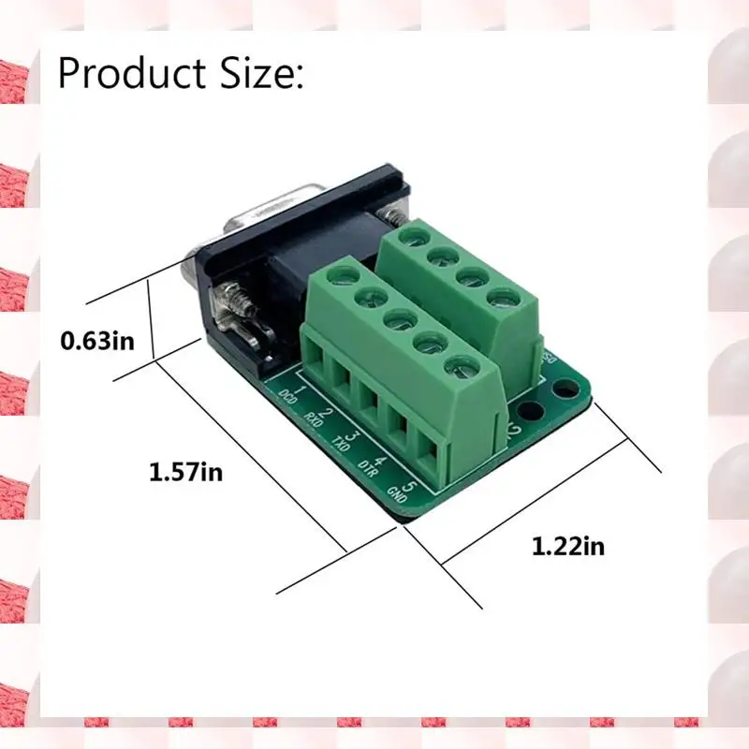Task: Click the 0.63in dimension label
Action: pos(97,338)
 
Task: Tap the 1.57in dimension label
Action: pos(186,472)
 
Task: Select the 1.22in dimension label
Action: pos(568,545)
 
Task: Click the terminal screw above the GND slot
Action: pos(456,365)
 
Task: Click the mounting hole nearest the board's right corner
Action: pos(563,388)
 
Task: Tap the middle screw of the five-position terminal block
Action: pos(398,319)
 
